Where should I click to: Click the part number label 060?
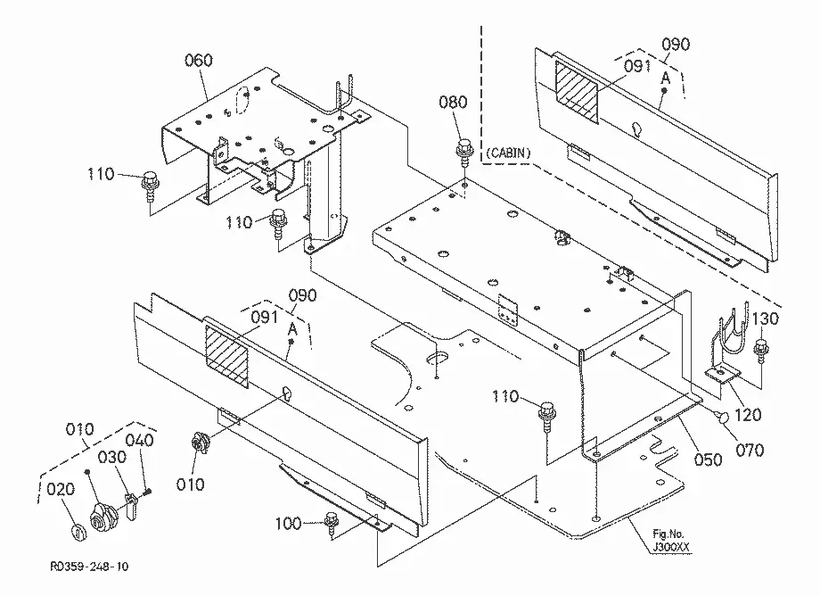(x=199, y=61)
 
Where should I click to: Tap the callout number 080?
(x=453, y=102)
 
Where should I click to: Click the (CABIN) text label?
(x=508, y=153)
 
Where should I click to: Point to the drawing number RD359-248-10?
(x=89, y=567)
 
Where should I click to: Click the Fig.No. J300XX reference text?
(x=670, y=541)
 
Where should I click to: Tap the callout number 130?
(x=765, y=319)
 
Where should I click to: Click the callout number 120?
(x=748, y=415)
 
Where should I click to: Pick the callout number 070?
(x=750, y=450)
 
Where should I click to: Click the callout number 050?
(x=708, y=459)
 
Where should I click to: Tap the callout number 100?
(x=288, y=523)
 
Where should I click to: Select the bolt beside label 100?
(x=330, y=522)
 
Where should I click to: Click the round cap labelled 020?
(x=78, y=532)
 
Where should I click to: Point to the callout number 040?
(x=140, y=440)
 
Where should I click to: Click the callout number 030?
(x=112, y=457)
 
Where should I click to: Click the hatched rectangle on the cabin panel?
(x=576, y=93)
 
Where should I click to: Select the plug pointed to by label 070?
(x=721, y=417)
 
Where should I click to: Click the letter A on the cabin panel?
(x=665, y=79)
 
